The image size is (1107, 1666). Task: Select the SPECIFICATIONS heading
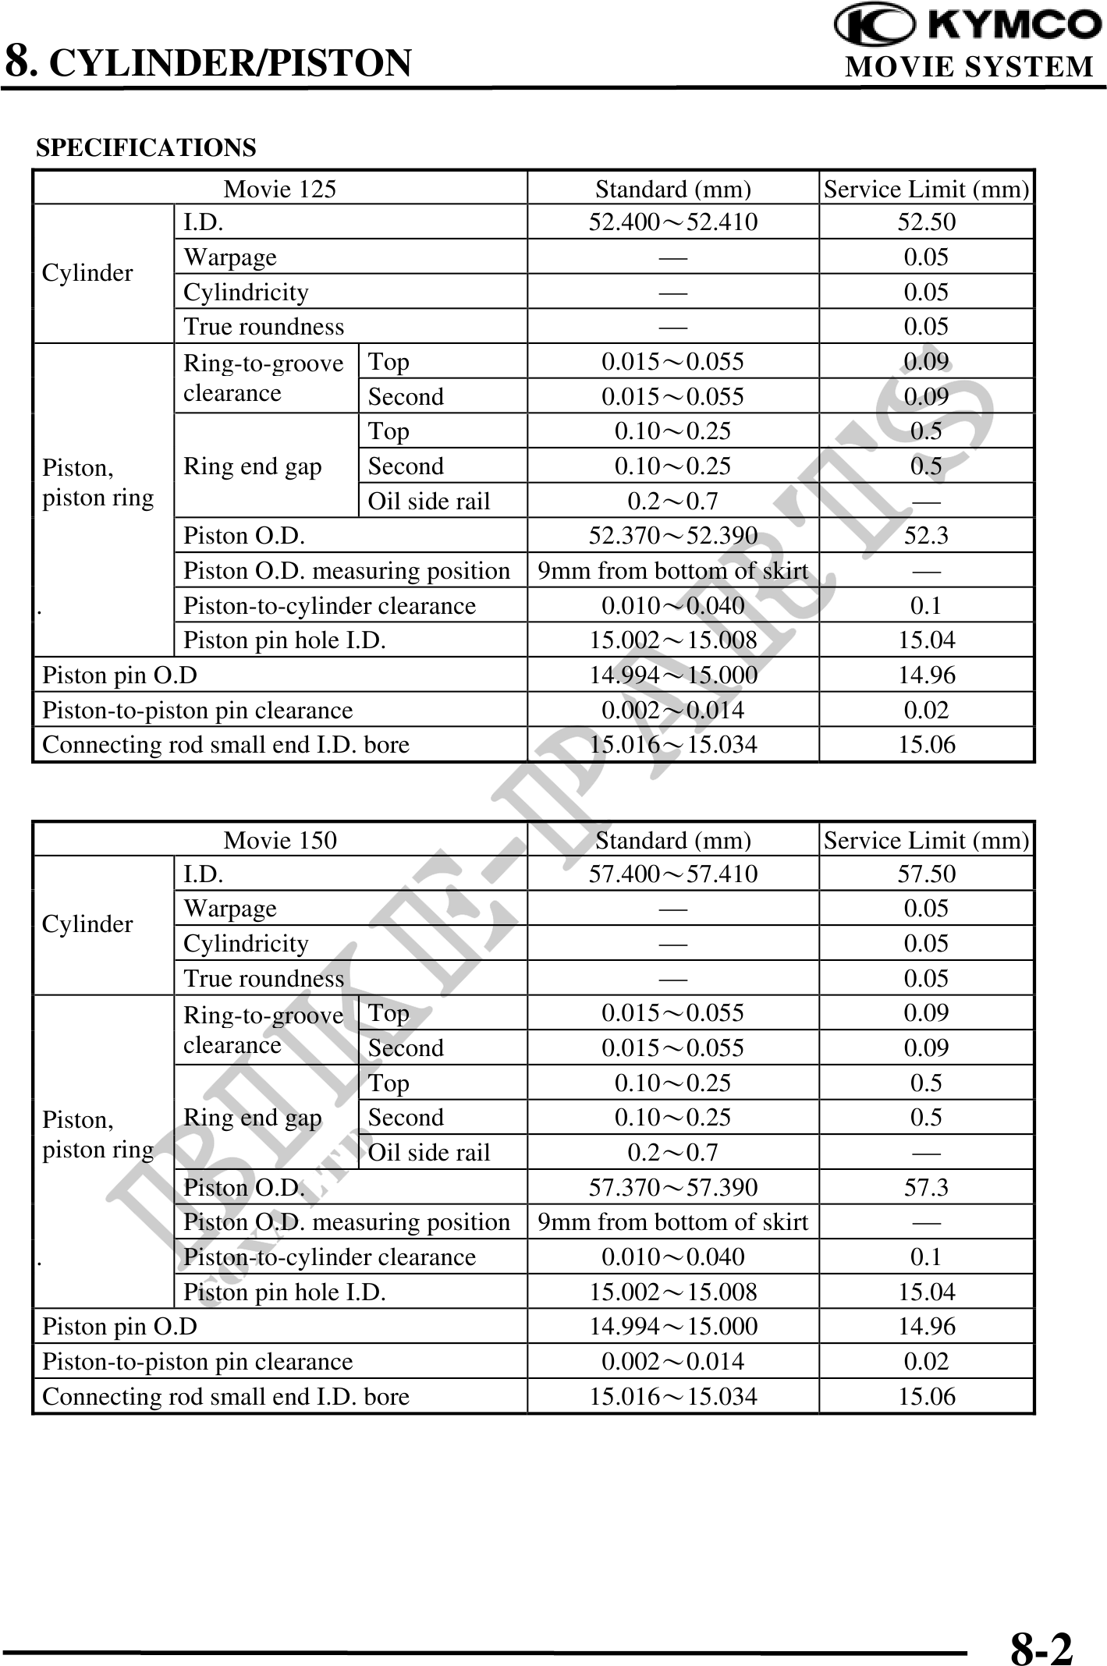point(146,147)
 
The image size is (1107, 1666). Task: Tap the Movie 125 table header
point(279,189)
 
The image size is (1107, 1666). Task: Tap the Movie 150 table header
point(279,840)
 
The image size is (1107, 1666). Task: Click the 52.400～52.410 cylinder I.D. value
point(672,222)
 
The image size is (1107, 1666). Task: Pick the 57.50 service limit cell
point(926,874)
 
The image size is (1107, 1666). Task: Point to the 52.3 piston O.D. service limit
point(926,536)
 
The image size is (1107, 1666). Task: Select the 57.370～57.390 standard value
point(672,1187)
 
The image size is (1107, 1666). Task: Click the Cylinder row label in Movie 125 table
point(87,273)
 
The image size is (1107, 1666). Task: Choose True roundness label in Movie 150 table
point(264,978)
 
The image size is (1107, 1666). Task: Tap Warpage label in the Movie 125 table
point(230,257)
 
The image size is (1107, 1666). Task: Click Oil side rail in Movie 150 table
point(429,1152)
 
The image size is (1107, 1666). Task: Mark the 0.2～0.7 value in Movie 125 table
point(672,501)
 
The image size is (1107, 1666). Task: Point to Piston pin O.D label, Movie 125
point(119,675)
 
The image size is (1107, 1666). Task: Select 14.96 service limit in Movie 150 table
point(926,1326)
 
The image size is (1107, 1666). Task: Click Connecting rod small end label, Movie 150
point(225,1396)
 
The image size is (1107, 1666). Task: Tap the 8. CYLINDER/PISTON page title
point(208,62)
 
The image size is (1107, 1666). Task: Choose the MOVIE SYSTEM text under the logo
point(970,67)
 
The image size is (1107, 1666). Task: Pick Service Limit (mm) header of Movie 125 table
point(926,189)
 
